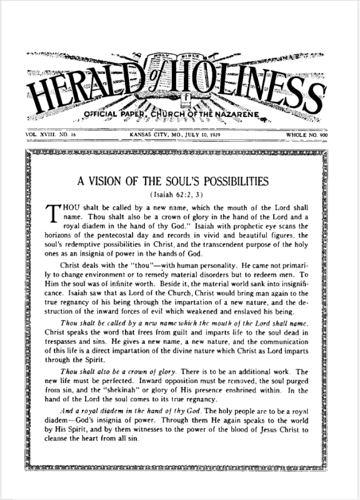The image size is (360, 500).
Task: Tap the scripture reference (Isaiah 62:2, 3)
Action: (x=181, y=195)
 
